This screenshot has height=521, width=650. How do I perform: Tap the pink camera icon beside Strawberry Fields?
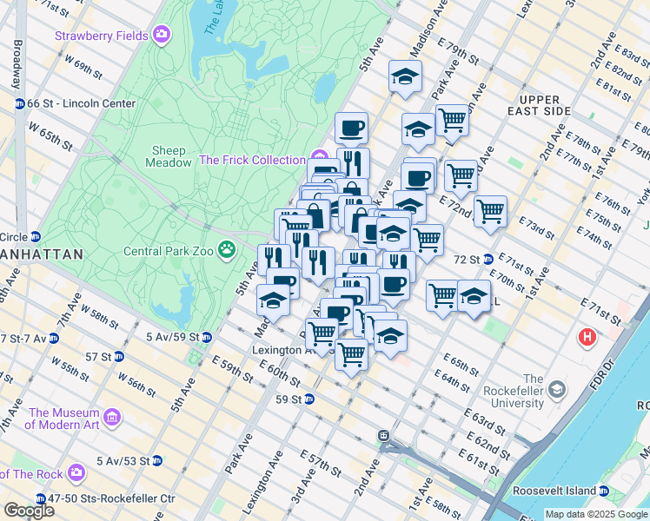[161, 36]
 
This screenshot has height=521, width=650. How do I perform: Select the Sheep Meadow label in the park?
[170, 156]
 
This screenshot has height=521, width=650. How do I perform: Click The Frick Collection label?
[252, 160]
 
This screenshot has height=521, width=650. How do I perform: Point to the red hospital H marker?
[588, 336]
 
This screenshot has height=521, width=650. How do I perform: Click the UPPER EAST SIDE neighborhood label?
[558, 105]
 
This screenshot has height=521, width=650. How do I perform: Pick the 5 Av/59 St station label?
[173, 336]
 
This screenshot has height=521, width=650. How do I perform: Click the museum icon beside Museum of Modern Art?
[111, 419]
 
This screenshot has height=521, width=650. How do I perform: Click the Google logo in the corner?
[28, 510]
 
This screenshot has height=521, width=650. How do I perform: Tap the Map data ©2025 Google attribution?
[595, 514]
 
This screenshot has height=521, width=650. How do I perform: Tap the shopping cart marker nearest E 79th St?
[451, 120]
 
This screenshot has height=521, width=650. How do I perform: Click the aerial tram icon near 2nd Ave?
[382, 435]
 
